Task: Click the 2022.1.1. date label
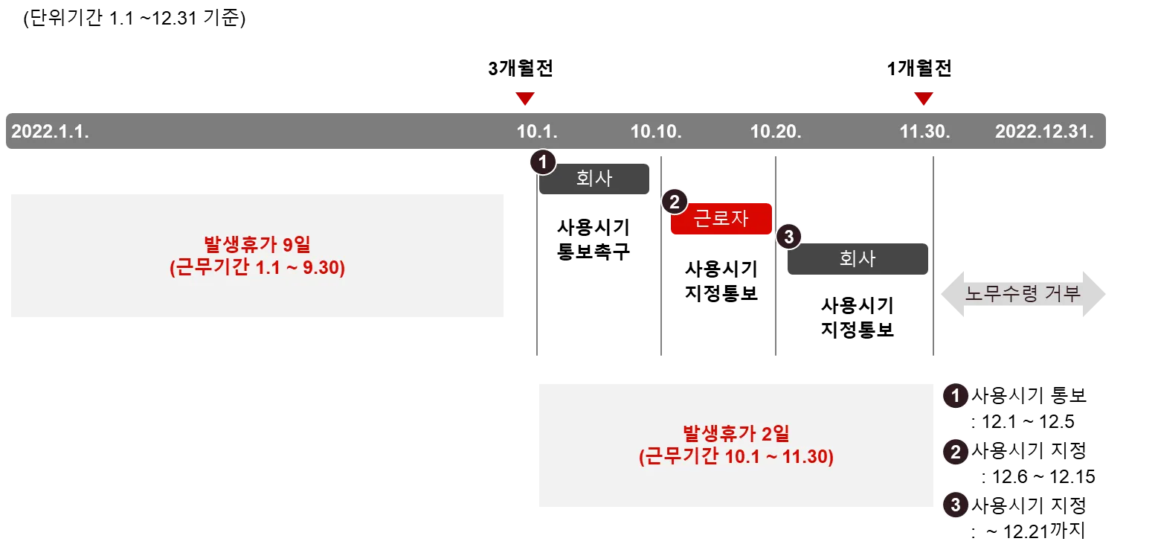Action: (51, 132)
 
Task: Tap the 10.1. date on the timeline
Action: (537, 132)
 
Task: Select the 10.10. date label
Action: (656, 132)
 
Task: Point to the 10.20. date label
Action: (776, 132)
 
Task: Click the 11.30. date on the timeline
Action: (924, 132)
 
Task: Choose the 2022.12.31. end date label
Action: (1044, 132)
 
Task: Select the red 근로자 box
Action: (721, 219)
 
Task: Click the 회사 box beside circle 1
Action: (595, 179)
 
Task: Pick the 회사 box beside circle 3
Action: (857, 258)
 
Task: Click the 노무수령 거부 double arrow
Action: (1023, 294)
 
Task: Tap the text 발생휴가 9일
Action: (257, 245)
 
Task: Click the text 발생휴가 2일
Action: (736, 433)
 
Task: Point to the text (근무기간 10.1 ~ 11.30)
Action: (736, 456)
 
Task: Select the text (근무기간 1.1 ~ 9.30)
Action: (257, 267)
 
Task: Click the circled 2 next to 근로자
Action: (675, 201)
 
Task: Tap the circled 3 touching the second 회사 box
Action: (788, 237)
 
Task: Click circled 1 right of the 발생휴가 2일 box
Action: (956, 396)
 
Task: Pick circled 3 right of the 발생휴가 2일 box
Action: (956, 505)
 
